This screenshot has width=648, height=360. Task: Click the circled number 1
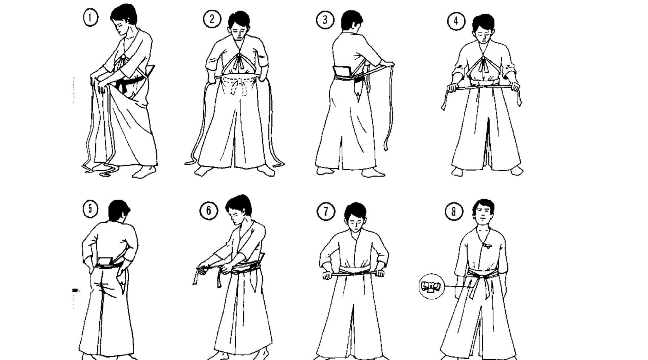(x=90, y=18)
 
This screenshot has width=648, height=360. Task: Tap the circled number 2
(x=211, y=19)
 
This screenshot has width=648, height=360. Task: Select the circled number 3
(x=325, y=19)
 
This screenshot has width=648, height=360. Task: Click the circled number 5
(x=90, y=209)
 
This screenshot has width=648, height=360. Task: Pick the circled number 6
(x=208, y=211)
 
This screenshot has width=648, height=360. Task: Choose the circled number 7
(x=326, y=211)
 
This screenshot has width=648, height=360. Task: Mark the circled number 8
(x=454, y=211)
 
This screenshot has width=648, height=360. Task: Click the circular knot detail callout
(x=432, y=287)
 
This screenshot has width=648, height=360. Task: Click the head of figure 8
(x=483, y=212)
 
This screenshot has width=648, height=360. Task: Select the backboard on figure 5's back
(x=105, y=262)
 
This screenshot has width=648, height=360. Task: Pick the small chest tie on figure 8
(x=487, y=246)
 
